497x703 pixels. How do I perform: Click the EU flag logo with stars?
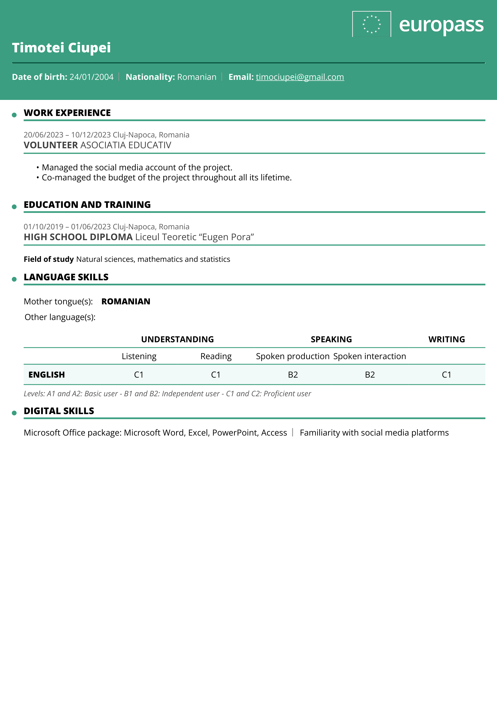371,24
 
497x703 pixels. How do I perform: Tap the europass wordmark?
441,25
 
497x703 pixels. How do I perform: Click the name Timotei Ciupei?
61,48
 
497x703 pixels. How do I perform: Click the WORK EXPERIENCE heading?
67,113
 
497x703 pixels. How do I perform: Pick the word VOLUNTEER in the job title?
51,145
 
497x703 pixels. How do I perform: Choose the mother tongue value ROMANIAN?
126,301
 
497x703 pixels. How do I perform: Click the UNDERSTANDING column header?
177,339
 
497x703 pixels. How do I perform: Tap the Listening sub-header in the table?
139,356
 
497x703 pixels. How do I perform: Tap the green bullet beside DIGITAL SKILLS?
14,413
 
